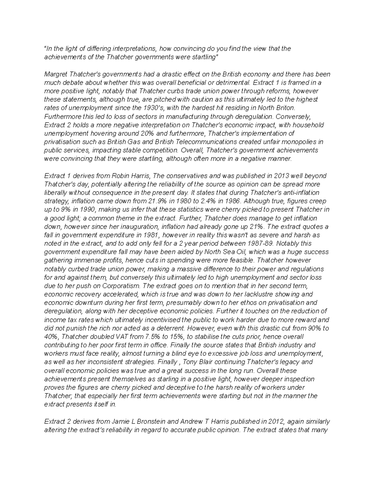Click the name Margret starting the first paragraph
tap(56, 74)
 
